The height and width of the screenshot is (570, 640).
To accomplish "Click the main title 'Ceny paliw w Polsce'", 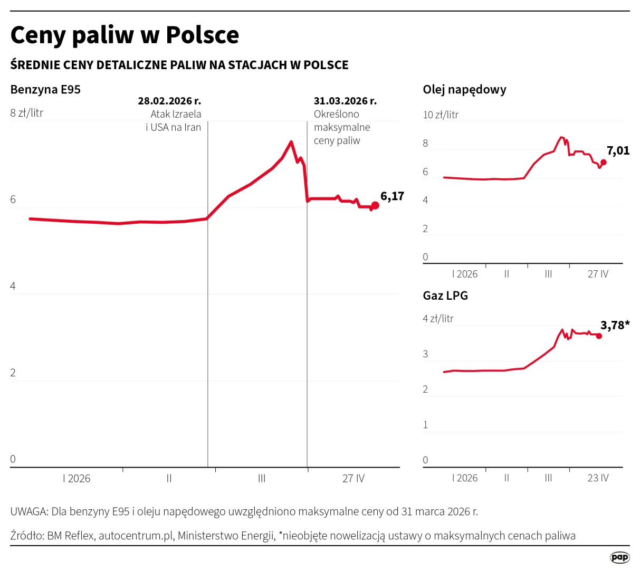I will pyautogui.click(x=125, y=35).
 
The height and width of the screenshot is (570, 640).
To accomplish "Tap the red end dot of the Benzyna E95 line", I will pyautogui.click(x=375, y=205).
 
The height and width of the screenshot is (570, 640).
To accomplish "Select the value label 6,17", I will pyautogui.click(x=392, y=196).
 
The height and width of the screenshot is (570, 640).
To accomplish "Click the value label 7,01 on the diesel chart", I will pyautogui.click(x=618, y=151).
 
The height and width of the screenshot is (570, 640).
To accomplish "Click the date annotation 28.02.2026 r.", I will pyautogui.click(x=169, y=101).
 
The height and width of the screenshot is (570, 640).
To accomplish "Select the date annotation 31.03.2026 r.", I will pyautogui.click(x=345, y=101).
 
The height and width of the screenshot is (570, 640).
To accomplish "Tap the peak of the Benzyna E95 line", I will pyautogui.click(x=291, y=141).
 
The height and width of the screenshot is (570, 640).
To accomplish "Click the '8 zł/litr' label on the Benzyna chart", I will pyautogui.click(x=27, y=113).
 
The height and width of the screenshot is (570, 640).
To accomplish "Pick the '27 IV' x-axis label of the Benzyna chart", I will pyautogui.click(x=354, y=479).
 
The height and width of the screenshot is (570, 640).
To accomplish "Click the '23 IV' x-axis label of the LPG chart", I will pyautogui.click(x=598, y=478).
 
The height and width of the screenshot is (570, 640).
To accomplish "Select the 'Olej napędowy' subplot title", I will pyautogui.click(x=464, y=90).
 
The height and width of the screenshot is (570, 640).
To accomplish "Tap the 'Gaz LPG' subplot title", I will pyautogui.click(x=445, y=296).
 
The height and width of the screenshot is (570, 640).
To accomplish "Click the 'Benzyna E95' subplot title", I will pyautogui.click(x=45, y=90).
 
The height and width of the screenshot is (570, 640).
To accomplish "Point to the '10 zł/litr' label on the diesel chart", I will pyautogui.click(x=441, y=115).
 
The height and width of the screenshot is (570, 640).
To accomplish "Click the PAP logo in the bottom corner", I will pyautogui.click(x=619, y=557).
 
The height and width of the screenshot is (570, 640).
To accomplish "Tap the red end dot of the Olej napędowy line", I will pyautogui.click(x=604, y=163).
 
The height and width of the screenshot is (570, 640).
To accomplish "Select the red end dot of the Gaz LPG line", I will pyautogui.click(x=599, y=336).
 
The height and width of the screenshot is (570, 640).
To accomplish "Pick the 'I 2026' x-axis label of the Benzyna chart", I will pyautogui.click(x=77, y=479).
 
